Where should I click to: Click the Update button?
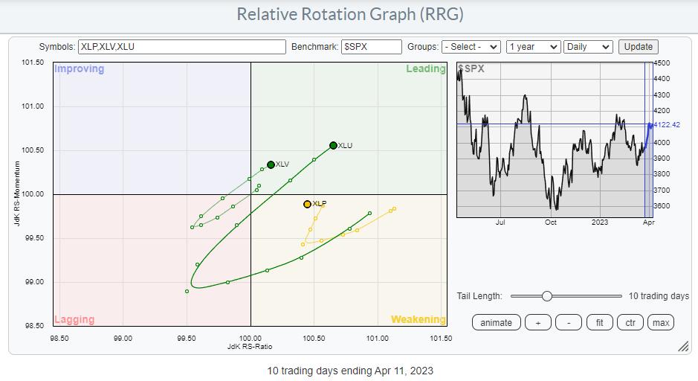[638, 46]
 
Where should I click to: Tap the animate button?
[496, 322]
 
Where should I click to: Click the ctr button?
[630, 322]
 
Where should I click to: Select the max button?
[660, 322]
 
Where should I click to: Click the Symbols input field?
[181, 46]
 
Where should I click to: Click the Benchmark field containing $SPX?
[371, 46]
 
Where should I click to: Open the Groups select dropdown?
[471, 46]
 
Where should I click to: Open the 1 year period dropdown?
[532, 46]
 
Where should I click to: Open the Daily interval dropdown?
[588, 46]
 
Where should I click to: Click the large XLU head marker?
[333, 146]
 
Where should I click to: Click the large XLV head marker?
[271, 164]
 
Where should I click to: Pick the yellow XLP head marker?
[307, 204]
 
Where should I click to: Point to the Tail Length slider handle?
[547, 296]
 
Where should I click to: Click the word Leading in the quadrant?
[425, 69]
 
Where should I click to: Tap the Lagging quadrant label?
[74, 320]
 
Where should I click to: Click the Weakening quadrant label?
[418, 320]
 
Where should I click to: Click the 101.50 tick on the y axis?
[33, 63]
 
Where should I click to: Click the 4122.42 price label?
[666, 124]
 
